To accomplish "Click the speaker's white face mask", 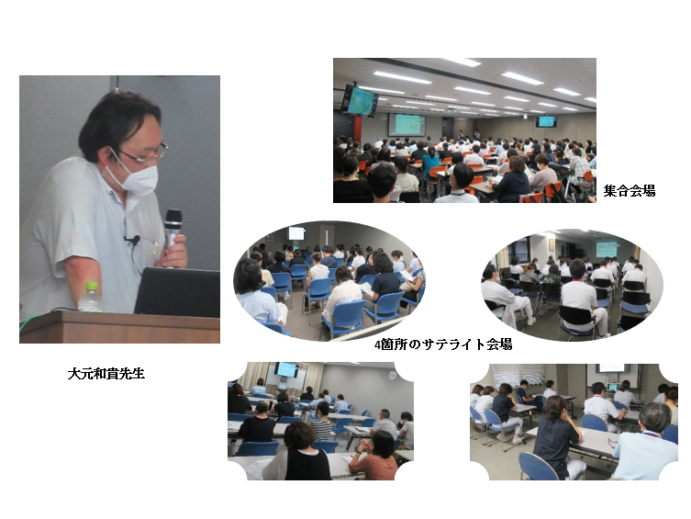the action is coord(134,175).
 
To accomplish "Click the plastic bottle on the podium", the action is coord(90,297).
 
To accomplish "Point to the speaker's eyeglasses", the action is coord(145,153).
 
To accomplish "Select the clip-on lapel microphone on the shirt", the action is coord(133,241).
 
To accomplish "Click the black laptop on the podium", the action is coord(177,292).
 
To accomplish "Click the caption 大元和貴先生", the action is coord(106,374).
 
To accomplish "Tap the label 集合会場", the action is coord(629,191).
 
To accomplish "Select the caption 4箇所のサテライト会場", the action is coord(443,344).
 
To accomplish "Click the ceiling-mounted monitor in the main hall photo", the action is coord(360,100).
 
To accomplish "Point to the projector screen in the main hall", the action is coord(407,125).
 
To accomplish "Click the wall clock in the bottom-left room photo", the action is coord(393,376).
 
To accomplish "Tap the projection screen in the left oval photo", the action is coord(296,233).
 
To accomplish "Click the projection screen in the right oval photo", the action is coord(607,249).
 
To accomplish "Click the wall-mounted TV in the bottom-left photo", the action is coord(287,369).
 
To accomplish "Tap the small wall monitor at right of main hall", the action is coord(546,121).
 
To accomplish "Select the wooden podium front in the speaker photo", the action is coord(120,327).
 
